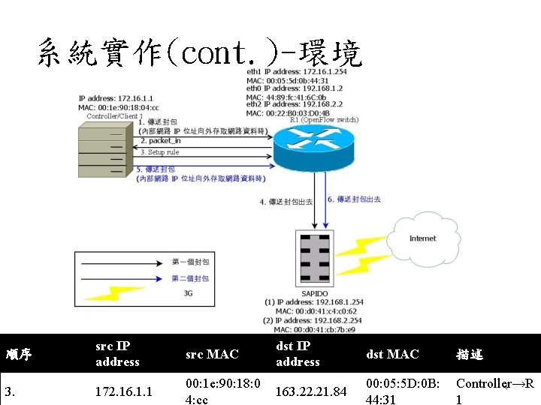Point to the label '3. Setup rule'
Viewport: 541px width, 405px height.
coord(159,152)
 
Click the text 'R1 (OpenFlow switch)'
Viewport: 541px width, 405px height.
coord(324,120)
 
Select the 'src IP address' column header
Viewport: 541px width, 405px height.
coord(117,354)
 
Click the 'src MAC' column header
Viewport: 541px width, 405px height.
coord(211,354)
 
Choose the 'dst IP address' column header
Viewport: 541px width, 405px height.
coord(298,354)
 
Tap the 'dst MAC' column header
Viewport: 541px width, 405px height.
coord(391,354)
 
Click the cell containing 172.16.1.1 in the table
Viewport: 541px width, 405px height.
coord(124,391)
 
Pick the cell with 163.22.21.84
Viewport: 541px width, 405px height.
coord(310,391)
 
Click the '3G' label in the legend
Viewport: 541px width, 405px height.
coord(188,293)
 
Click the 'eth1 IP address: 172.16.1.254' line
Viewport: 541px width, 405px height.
coord(297,72)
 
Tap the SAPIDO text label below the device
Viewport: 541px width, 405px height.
coord(314,293)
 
